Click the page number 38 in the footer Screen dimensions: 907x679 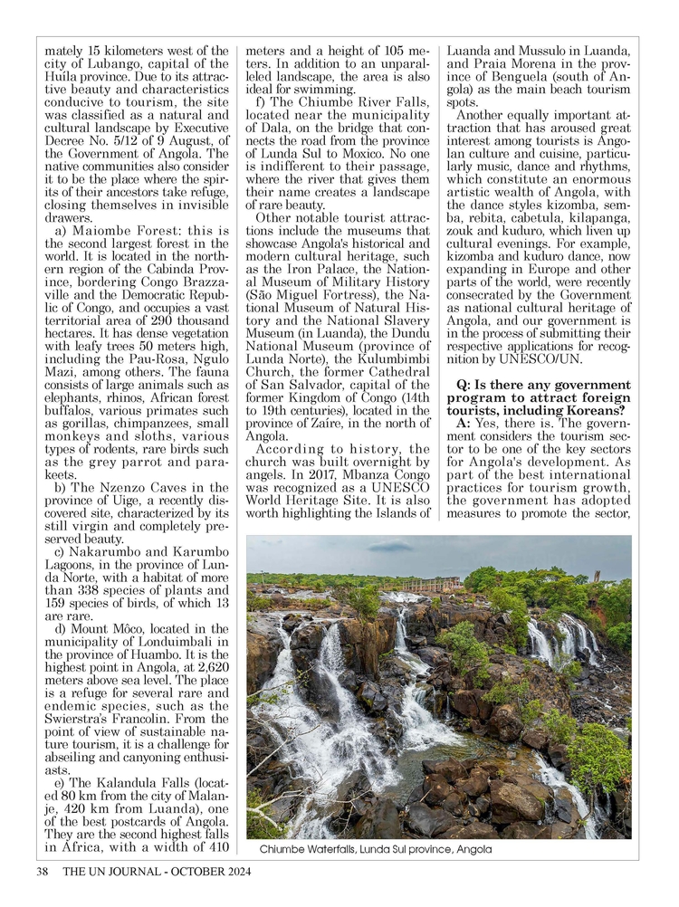tap(41, 873)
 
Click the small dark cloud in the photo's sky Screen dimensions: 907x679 tap(390, 547)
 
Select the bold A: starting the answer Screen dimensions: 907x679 tap(464, 424)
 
